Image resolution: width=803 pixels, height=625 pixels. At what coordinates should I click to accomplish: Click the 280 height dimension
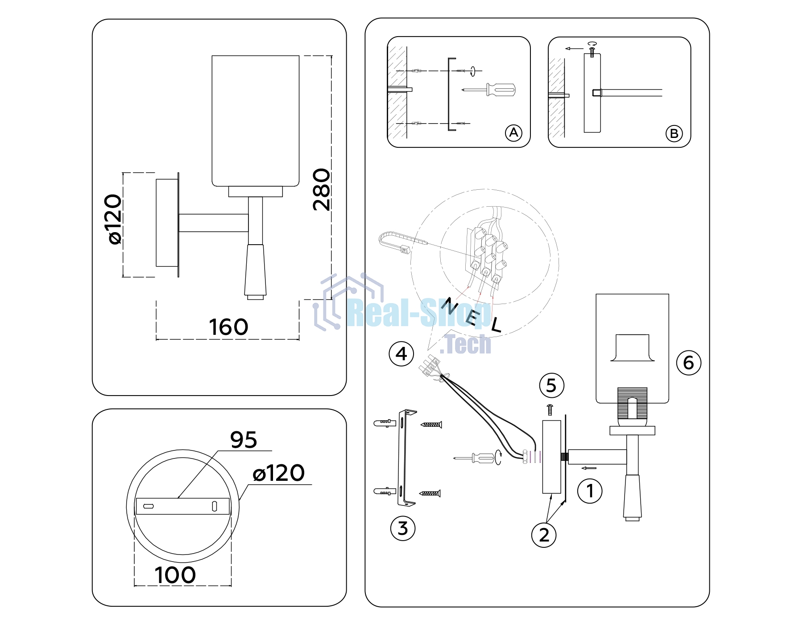[322, 189]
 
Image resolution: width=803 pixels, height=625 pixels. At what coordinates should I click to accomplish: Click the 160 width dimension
[228, 327]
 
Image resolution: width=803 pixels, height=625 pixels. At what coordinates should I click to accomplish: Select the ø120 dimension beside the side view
[115, 219]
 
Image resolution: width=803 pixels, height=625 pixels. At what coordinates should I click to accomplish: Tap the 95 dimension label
[244, 440]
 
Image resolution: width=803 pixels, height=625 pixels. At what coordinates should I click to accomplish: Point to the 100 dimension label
[175, 575]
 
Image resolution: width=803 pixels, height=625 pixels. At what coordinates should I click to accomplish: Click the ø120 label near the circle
[279, 473]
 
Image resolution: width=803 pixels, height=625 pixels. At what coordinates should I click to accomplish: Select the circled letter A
[513, 133]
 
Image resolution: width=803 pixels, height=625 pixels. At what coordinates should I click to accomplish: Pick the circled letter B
[674, 133]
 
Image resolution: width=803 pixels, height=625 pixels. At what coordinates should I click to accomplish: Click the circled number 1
[590, 491]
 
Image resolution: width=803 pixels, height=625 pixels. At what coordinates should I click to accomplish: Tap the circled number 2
[544, 535]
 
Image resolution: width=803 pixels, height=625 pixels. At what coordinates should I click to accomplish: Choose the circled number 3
[403, 529]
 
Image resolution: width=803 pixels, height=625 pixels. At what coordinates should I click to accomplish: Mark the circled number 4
[401, 354]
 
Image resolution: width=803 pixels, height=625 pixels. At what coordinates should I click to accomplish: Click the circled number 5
[551, 385]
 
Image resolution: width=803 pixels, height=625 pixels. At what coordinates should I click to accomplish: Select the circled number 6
[689, 362]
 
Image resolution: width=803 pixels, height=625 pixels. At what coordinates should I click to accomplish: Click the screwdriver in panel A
[488, 90]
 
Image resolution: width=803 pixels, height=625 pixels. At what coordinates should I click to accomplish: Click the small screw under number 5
[550, 409]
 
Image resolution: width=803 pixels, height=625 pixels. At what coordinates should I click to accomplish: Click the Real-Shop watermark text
[418, 313]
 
